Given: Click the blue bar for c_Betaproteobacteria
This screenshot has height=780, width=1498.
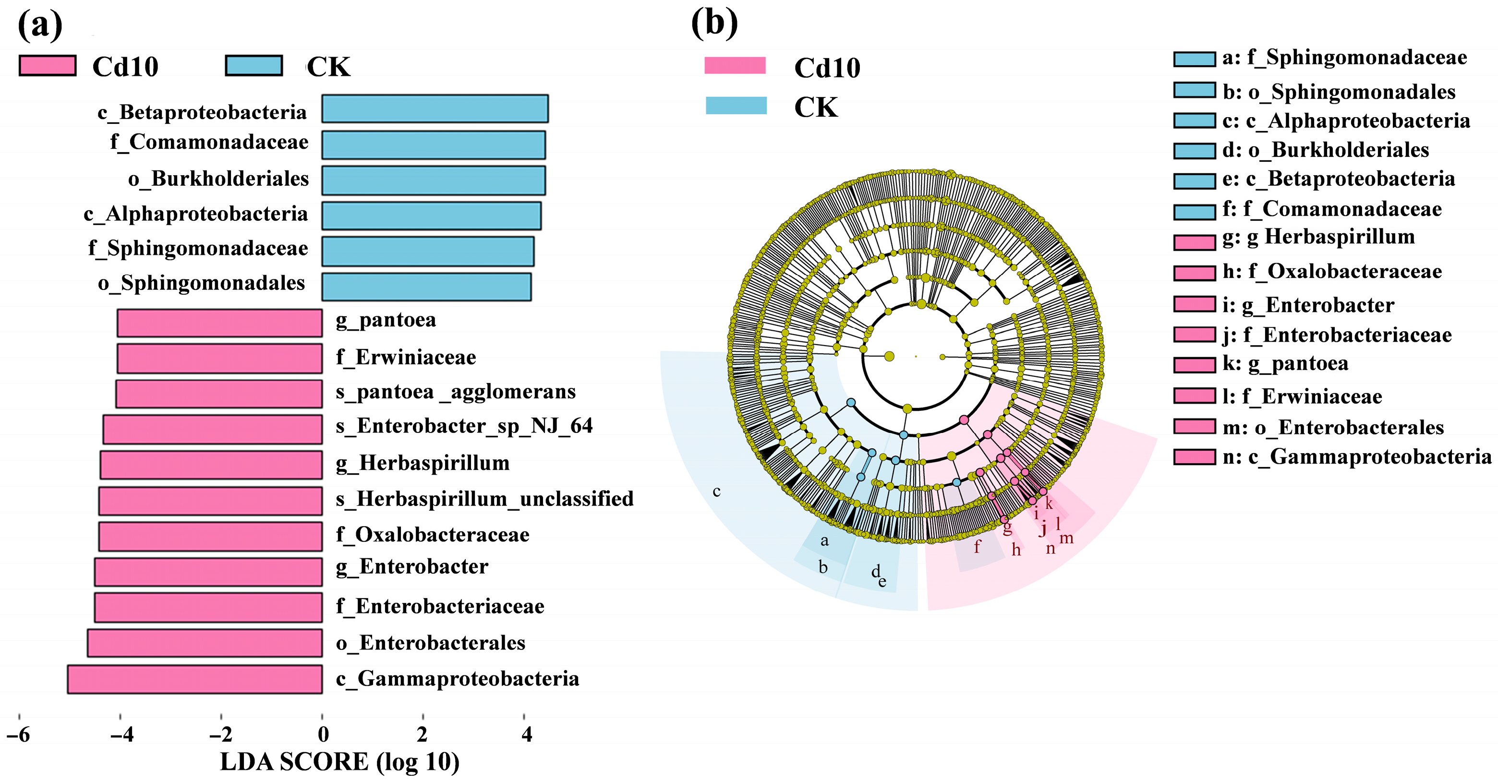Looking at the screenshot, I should click(435, 108).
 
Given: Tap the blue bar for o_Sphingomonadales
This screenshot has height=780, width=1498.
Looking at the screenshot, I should click(426, 287).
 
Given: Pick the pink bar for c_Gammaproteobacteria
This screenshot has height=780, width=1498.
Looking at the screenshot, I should click(195, 679).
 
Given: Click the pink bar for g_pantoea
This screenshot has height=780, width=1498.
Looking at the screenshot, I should click(220, 323).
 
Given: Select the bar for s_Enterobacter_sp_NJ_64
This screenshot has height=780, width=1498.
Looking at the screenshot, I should click(213, 430).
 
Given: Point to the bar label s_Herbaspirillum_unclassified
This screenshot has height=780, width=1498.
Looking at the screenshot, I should click(484, 499).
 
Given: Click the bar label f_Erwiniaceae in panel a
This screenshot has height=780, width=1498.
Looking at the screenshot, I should click(406, 357).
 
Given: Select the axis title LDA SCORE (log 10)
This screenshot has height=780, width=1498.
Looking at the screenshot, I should click(339, 762).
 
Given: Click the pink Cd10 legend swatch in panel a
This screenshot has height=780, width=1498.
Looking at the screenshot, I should click(47, 66).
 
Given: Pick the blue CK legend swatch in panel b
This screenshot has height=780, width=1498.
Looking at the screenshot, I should click(736, 106).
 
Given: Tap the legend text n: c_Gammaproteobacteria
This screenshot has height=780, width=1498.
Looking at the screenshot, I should click(1357, 457).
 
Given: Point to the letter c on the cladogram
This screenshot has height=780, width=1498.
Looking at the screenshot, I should click(716, 492).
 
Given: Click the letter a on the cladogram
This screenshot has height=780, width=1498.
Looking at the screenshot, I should click(824, 541).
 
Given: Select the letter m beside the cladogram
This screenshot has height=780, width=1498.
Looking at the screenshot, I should click(1066, 539).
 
